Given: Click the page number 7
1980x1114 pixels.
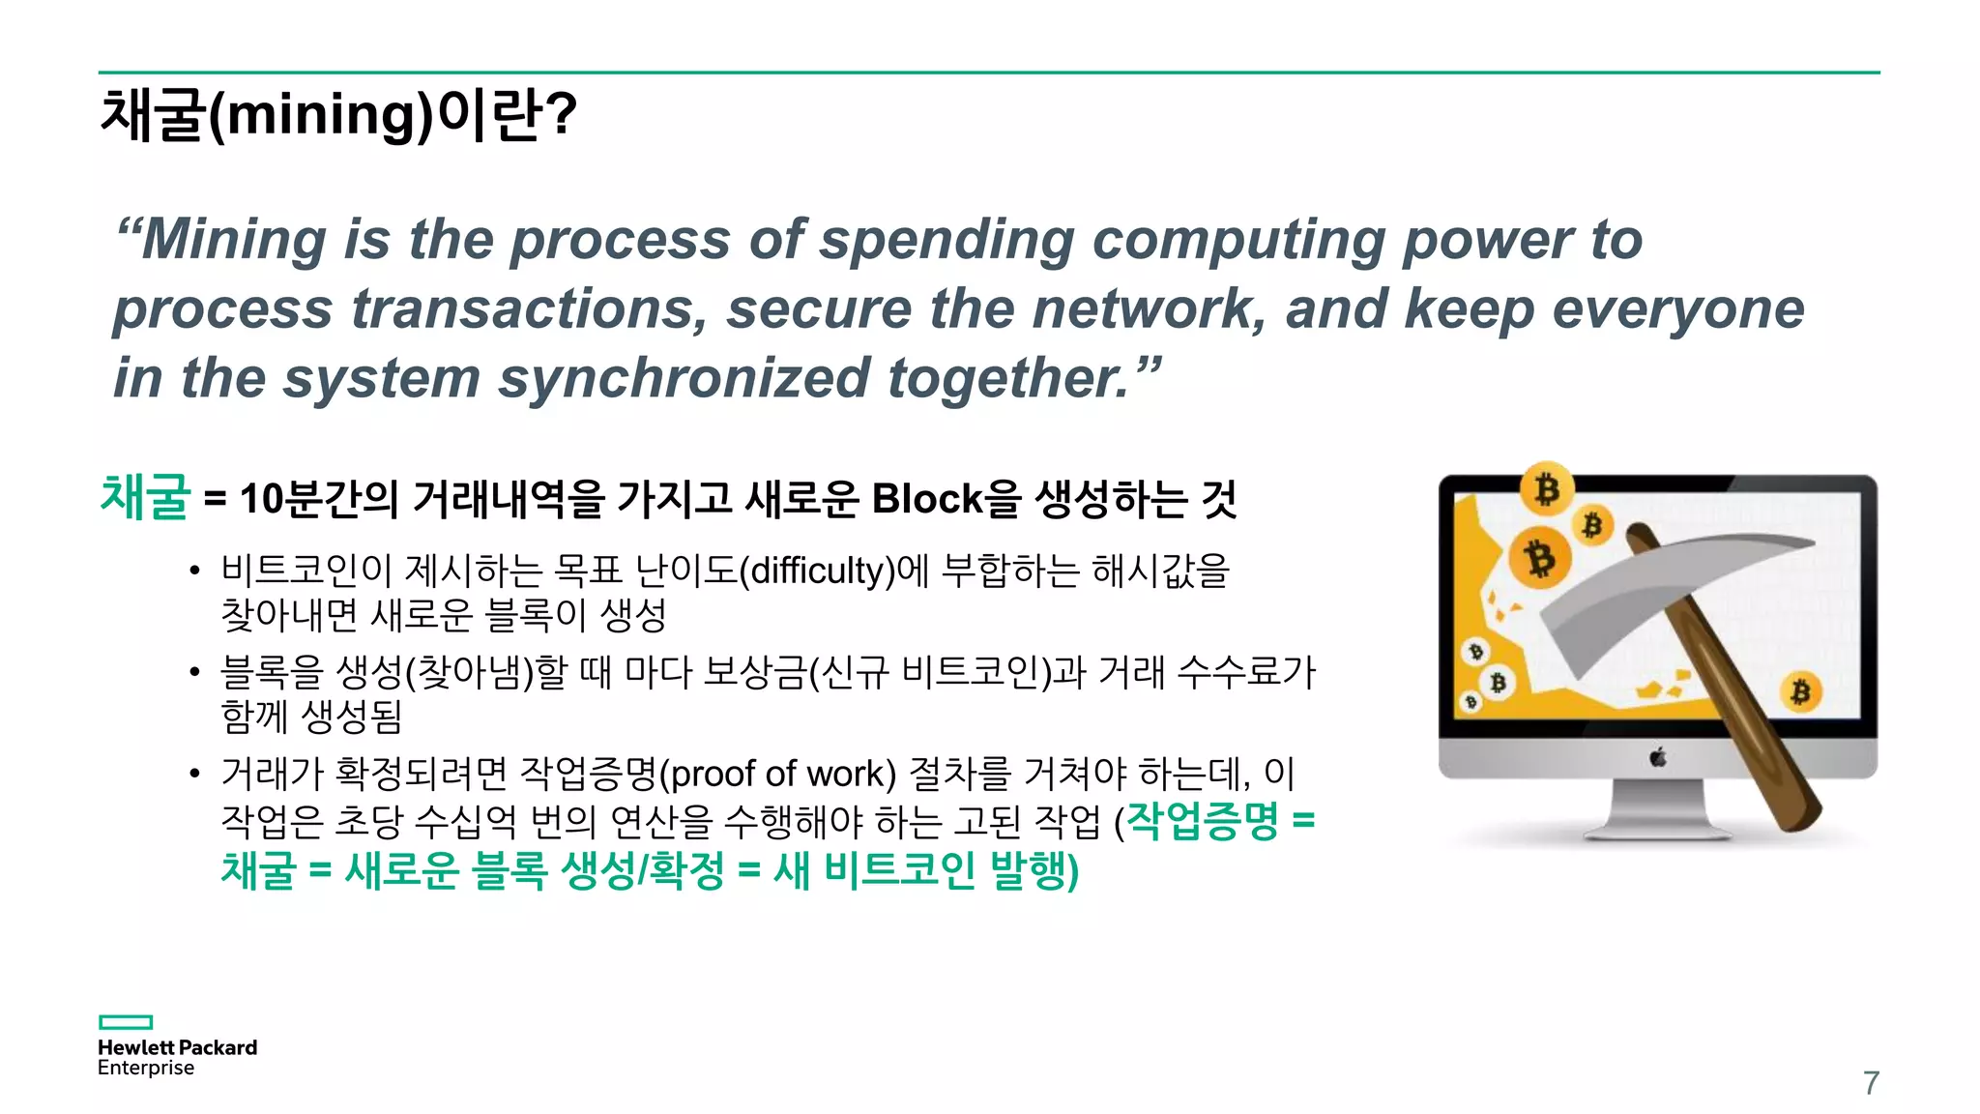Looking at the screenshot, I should pyautogui.click(x=1871, y=1083).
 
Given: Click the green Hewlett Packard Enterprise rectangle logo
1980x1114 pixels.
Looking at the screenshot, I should pyautogui.click(x=126, y=1022).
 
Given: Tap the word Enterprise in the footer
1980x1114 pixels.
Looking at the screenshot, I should pyautogui.click(x=146, y=1069).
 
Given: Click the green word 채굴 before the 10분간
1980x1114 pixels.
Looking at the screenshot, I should pyautogui.click(x=145, y=497).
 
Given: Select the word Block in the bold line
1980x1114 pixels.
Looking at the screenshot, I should pyautogui.click(x=926, y=499).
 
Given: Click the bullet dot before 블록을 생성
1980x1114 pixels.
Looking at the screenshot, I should pyautogui.click(x=195, y=672).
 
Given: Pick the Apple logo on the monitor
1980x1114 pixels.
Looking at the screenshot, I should pyautogui.click(x=1657, y=757).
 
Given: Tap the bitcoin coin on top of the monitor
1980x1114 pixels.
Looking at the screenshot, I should pyautogui.click(x=1547, y=488).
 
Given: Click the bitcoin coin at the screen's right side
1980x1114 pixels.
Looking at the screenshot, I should pyautogui.click(x=1800, y=691).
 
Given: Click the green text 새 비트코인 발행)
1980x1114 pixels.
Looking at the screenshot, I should pyautogui.click(x=925, y=870).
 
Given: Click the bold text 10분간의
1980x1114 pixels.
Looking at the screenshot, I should pyautogui.click(x=319, y=499).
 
